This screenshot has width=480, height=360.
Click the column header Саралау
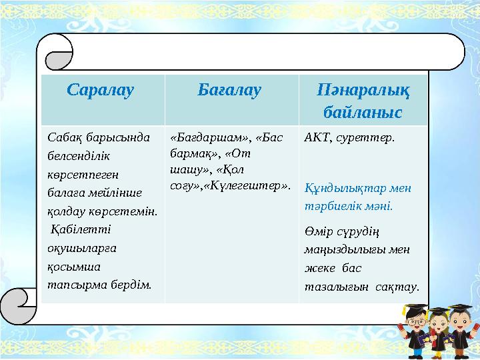101,89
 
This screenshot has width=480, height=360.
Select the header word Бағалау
230,89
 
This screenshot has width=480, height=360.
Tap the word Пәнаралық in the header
363,89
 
